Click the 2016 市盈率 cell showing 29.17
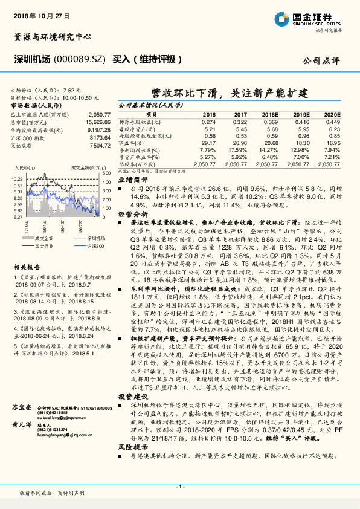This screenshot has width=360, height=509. click(209, 143)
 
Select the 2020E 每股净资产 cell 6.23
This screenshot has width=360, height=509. click(335, 129)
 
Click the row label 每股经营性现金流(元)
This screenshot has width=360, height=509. click(139, 136)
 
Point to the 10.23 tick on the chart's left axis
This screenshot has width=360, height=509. click(17, 179)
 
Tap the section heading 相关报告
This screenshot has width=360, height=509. click(27, 266)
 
